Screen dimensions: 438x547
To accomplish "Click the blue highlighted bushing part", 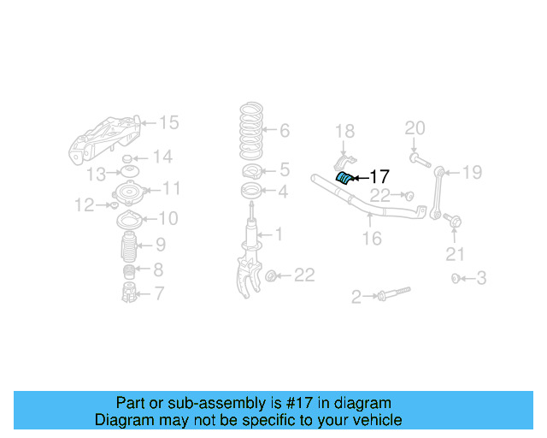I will tap(344, 177).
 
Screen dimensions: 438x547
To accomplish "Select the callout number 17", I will tap(379, 177).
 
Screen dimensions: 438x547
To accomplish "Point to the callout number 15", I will tap(169, 123).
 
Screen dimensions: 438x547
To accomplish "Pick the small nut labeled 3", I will tap(456, 278).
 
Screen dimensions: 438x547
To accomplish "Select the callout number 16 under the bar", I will tap(371, 239).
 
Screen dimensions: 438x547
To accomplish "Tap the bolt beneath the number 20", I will tap(416, 157).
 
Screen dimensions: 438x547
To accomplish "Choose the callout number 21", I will tap(456, 253).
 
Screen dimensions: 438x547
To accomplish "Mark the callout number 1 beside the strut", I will tap(278, 233).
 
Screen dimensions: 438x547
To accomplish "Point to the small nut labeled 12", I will tap(114, 205).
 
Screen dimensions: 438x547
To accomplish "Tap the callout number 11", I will tap(171, 188).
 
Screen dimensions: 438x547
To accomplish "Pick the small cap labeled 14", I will tap(127, 158).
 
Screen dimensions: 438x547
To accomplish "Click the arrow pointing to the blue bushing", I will tap(360, 177).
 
